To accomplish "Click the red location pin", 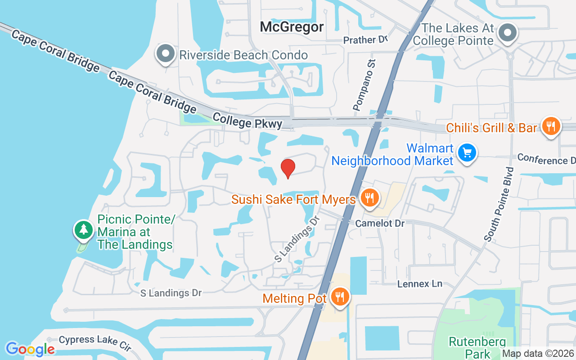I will [288, 168].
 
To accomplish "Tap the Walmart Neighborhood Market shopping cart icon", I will [467, 153].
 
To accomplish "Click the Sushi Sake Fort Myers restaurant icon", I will [369, 198].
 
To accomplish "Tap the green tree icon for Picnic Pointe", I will [83, 229].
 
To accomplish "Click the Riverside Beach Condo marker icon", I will [166, 54].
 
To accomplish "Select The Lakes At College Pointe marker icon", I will [508, 32].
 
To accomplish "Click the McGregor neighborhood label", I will [292, 27].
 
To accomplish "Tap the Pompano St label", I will [364, 85].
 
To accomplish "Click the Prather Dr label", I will [365, 40].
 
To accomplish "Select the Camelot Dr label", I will [380, 224].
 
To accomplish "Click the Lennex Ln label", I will [420, 284].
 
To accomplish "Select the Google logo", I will [30, 349].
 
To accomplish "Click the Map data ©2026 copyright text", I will [538, 354].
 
